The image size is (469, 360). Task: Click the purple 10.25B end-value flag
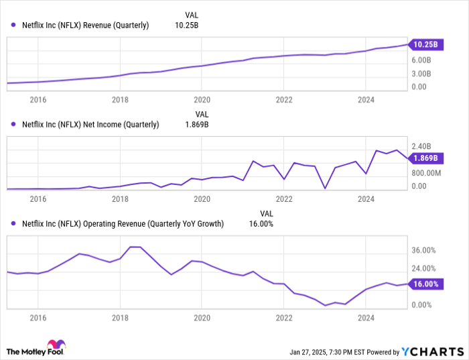point(425,44)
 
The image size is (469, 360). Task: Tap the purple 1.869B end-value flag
point(425,158)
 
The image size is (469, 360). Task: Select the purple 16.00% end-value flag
point(425,284)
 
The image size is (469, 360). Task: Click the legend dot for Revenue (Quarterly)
point(13,25)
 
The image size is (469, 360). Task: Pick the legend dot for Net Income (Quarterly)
point(13,124)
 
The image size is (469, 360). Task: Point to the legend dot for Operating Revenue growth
point(13,223)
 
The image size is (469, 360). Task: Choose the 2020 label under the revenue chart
point(202,100)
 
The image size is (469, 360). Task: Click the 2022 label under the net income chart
point(284,199)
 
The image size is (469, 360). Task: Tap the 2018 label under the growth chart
point(120,318)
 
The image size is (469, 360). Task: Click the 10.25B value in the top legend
point(187,25)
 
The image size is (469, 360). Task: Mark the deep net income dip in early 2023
point(325,188)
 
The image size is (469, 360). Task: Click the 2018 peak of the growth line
point(134,247)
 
